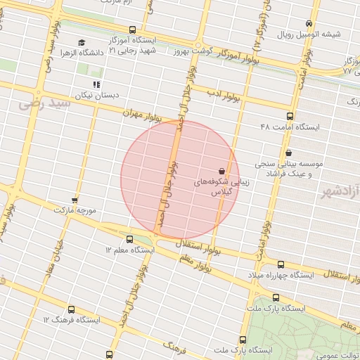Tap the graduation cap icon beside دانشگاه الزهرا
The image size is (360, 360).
pyautogui.click(x=82, y=42)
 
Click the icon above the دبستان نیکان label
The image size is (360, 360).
pyautogui.click(x=97, y=84)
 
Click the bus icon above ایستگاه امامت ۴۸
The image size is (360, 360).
pyautogui.click(x=290, y=116)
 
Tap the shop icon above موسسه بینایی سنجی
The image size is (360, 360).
pyautogui.click(x=288, y=153)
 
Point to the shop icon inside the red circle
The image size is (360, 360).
pyautogui.click(x=222, y=170)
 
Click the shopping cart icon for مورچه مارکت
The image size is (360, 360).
pyautogui.click(x=75, y=200)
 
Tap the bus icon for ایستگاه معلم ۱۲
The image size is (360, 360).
pyautogui.click(x=128, y=239)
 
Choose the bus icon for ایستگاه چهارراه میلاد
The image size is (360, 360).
pyautogui.click(x=281, y=264)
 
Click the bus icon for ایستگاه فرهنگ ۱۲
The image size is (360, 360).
pyautogui.click(x=71, y=309)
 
